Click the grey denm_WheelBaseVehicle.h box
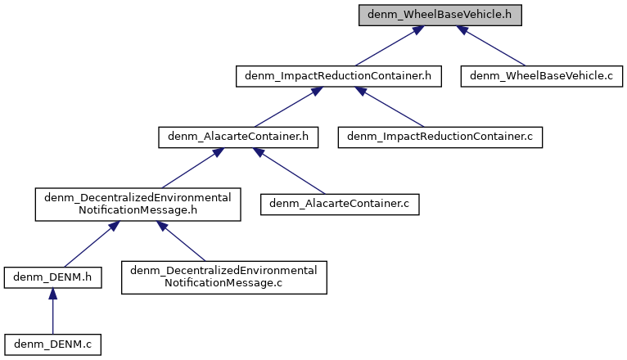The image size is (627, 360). point(440,16)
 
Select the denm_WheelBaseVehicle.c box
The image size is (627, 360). point(542,76)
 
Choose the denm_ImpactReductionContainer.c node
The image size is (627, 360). point(440,137)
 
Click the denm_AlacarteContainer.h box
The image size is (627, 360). point(237,137)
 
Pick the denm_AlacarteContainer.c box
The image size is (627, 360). point(339,204)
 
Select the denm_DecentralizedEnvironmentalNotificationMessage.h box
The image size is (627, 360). point(138,204)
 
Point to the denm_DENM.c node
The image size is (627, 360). point(52,344)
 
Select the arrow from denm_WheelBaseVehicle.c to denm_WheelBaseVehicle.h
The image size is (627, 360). point(491,46)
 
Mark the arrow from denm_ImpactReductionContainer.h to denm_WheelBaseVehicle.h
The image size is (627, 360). point(384,46)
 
